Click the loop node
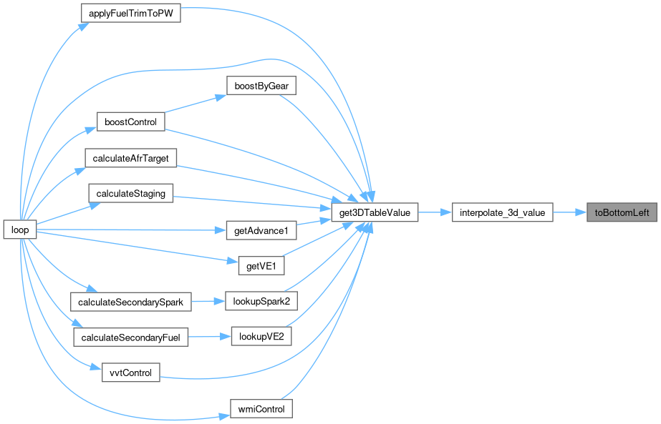[20, 230]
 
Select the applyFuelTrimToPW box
[130, 13]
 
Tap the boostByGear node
[261, 86]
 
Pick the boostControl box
[130, 122]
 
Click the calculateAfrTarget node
[130, 158]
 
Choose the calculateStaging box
[130, 193]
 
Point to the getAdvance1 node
[261, 230]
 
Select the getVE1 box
[261, 266]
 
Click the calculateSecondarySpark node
[130, 302]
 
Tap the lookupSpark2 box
[261, 301]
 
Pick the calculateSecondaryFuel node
[130, 337]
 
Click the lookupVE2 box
[261, 337]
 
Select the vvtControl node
[130, 373]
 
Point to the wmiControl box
[261, 409]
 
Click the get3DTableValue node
[375, 212]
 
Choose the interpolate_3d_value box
[503, 212]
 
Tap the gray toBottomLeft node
[622, 212]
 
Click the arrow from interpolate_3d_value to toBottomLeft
[570, 212]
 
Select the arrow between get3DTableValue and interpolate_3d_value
[435, 212]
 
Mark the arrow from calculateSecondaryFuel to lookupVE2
[210, 337]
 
